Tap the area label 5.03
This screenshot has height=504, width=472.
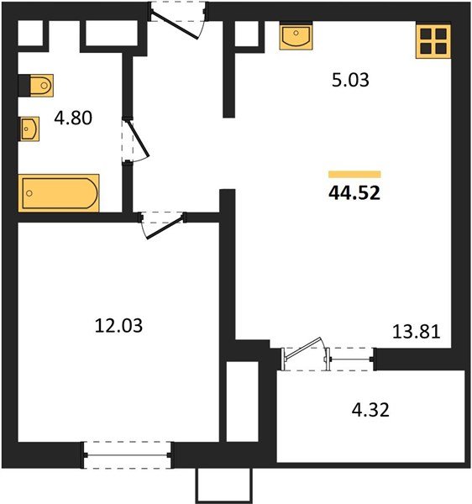350,81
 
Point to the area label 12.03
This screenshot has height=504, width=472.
118,323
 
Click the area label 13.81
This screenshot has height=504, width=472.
417,330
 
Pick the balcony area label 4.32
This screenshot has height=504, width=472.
370,412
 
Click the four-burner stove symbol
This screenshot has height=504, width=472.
434,41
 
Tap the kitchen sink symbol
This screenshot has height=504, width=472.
296,37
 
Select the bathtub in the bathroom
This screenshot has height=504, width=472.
59,192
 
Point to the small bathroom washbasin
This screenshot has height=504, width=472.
29,129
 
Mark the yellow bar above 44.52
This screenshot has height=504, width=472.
354,174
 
